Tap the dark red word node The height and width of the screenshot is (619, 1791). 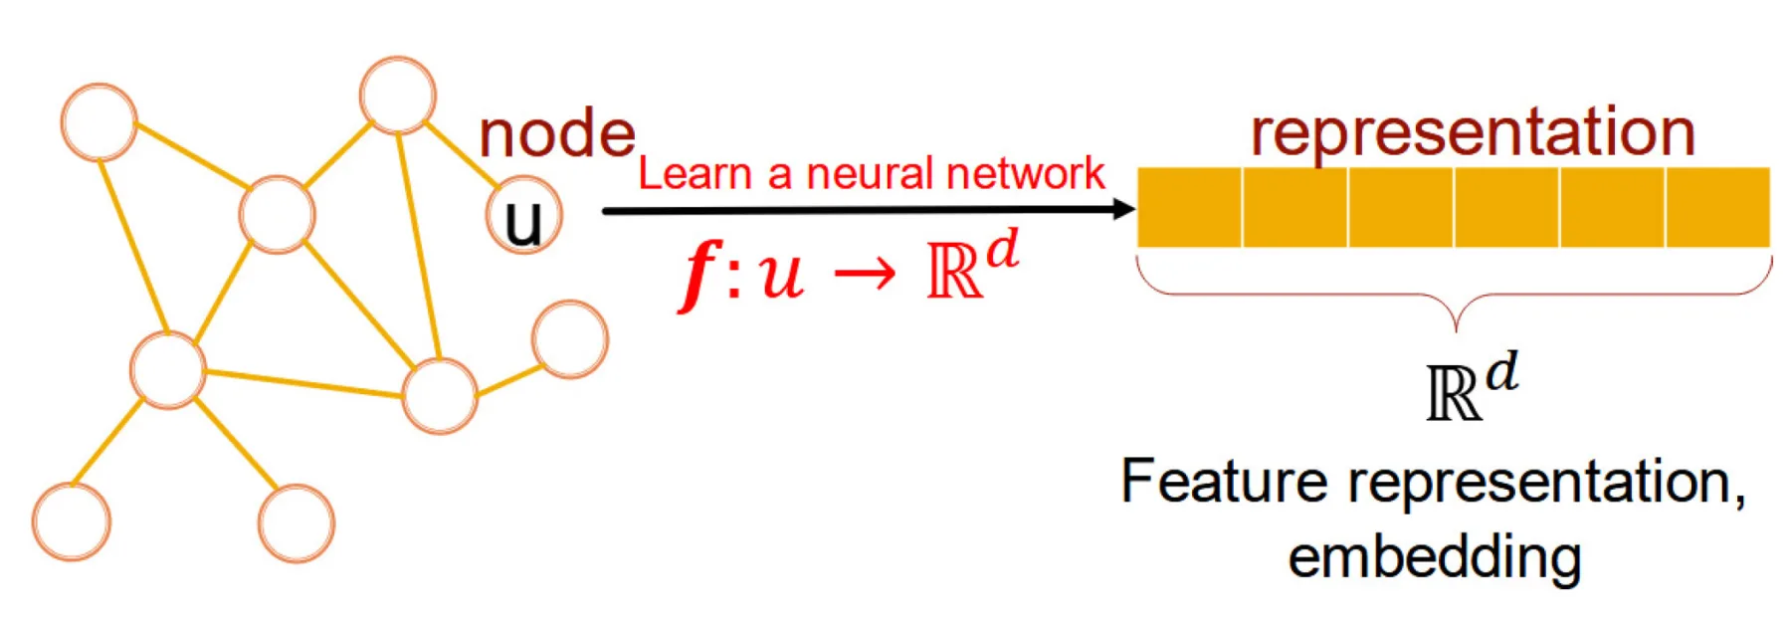coord(556,134)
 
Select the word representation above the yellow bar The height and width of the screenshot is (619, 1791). coord(1473,131)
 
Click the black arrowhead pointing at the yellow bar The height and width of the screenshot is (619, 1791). coord(1123,209)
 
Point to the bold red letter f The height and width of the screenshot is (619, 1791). coord(700,274)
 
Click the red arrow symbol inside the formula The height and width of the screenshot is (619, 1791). coord(864,274)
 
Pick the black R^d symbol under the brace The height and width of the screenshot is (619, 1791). coord(1471,386)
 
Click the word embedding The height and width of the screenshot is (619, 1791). coord(1434,557)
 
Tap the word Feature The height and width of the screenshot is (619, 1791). coord(1223,482)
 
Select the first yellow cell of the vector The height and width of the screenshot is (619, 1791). coord(1189,207)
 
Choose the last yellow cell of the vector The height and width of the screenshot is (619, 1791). coord(1717,207)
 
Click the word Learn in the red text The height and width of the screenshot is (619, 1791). coord(694,174)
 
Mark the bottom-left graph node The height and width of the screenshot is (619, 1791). coord(72,522)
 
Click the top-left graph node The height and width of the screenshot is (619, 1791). coord(99,121)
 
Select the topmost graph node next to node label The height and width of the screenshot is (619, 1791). coord(398,96)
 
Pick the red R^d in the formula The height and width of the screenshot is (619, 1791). coord(970,267)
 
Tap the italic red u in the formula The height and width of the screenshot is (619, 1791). coord(781,276)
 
